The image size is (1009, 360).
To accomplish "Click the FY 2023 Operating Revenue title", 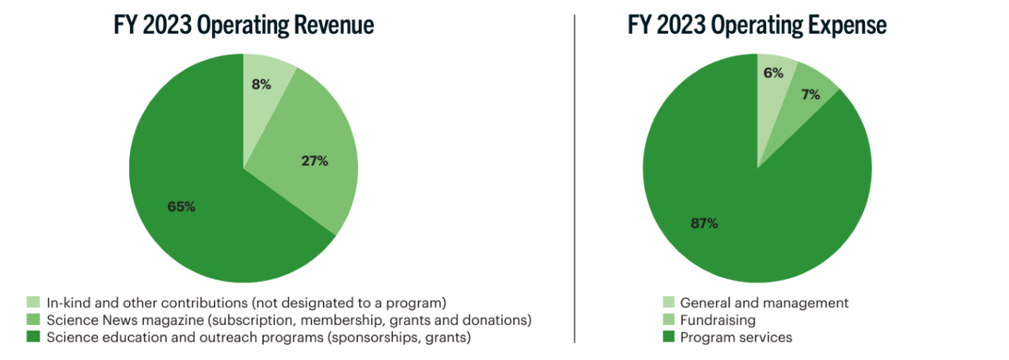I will [243, 25].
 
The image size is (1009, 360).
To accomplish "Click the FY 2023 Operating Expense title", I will [757, 25].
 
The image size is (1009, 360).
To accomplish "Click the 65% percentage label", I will [181, 207].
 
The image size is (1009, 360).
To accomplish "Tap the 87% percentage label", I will [704, 224].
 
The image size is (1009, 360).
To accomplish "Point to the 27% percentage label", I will [314, 161].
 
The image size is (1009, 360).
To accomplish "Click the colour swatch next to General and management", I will [669, 303].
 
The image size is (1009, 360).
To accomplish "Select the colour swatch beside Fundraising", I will [669, 320].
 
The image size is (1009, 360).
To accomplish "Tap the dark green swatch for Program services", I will [669, 338].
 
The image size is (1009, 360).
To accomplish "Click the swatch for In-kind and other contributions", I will [33, 303].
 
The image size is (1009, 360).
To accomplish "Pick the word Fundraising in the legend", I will [718, 321].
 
